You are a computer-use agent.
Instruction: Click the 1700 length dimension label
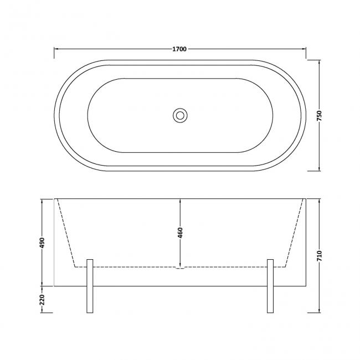[180, 49]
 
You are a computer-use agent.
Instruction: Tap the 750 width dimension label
[319, 115]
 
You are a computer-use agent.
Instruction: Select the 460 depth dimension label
[180, 233]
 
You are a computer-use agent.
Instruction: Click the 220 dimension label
[42, 300]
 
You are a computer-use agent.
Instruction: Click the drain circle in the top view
[180, 115]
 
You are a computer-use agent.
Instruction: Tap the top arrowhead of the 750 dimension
[319, 62]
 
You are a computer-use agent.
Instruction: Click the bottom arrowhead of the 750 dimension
[319, 168]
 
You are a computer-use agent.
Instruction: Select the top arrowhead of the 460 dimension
[180, 200]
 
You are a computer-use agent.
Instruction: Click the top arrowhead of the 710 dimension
[319, 200]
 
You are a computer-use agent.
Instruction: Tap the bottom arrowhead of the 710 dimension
[319, 311]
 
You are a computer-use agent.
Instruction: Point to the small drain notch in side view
[180, 269]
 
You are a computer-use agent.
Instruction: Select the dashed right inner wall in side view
[294, 233]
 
